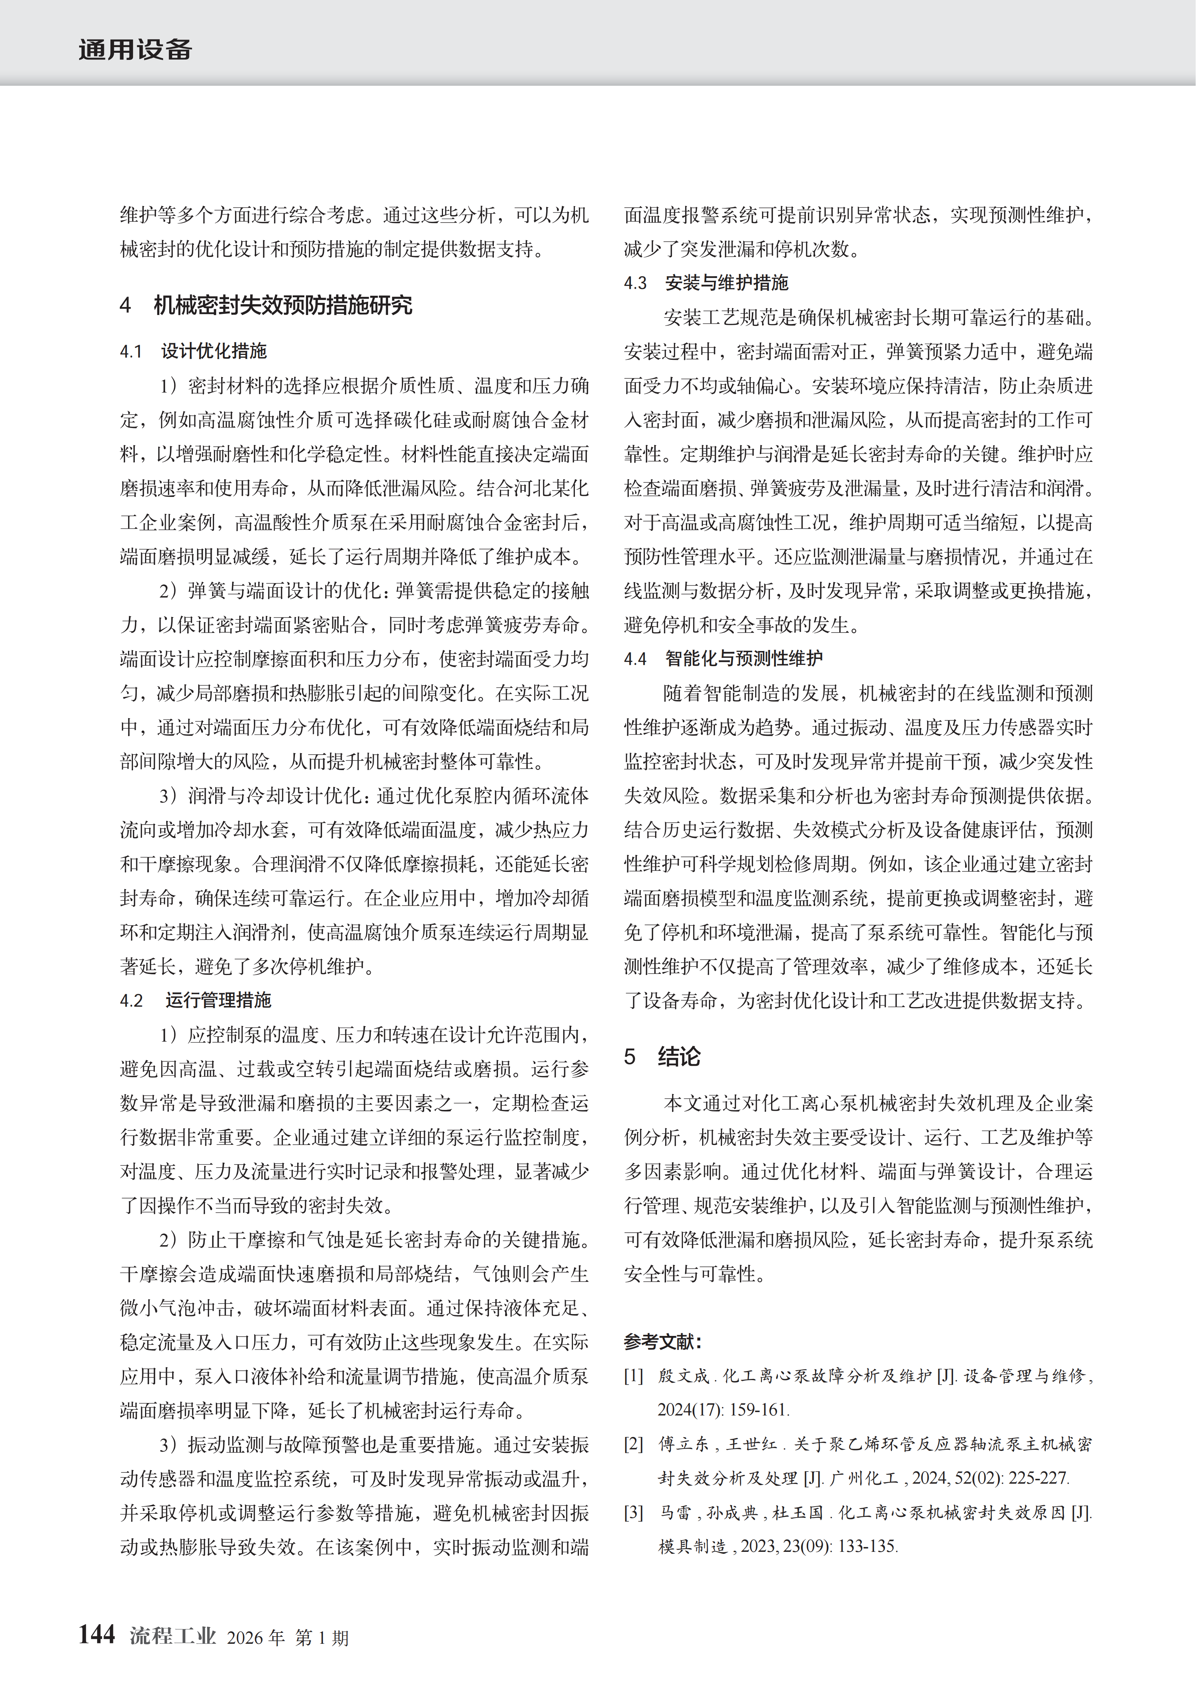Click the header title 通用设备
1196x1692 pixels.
[135, 50]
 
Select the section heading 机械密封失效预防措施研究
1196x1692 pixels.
[283, 305]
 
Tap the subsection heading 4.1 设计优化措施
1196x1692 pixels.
[193, 352]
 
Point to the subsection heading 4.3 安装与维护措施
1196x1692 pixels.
[706, 283]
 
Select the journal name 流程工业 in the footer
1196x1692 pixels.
[173, 1636]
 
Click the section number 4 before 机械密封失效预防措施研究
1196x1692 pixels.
[125, 305]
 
